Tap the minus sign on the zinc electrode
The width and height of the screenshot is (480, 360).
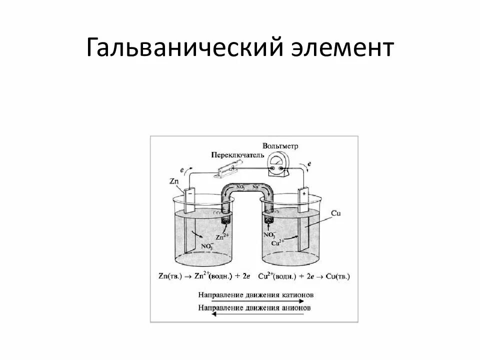[191, 193]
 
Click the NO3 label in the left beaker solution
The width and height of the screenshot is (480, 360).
[207, 245]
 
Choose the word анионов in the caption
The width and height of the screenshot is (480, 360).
[295, 307]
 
